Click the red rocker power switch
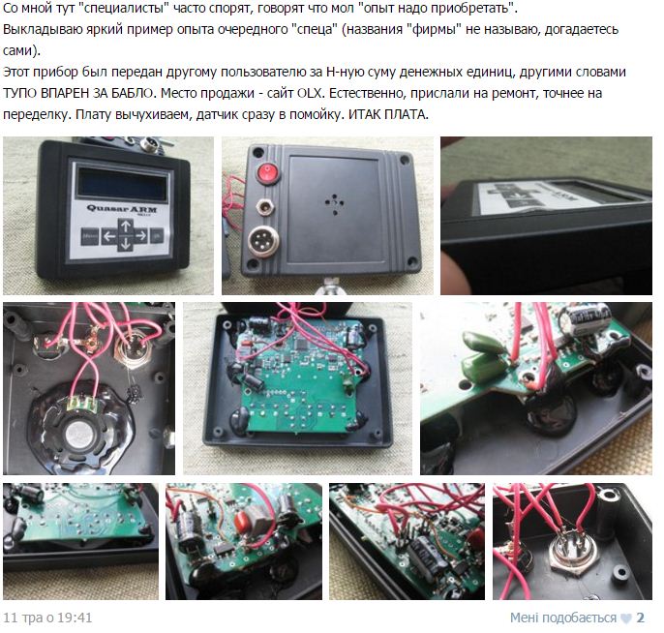pyautogui.click(x=267, y=172)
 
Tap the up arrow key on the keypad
pyautogui.click(x=126, y=226)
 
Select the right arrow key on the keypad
pyautogui.click(x=140, y=235)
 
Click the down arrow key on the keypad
pyautogui.click(x=125, y=244)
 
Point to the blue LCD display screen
pyautogui.click(x=122, y=185)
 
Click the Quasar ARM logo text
pyautogui.click(x=122, y=208)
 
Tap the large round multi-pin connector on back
pyautogui.click(x=263, y=241)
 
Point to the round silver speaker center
pyautogui.click(x=79, y=435)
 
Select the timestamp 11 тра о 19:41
pyautogui.click(x=47, y=618)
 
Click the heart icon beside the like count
pyautogui.click(x=626, y=618)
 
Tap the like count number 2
pyautogui.click(x=640, y=618)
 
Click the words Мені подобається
pyautogui.click(x=563, y=618)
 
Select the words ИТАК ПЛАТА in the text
pyautogui.click(x=387, y=114)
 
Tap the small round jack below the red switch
pyautogui.click(x=264, y=207)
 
